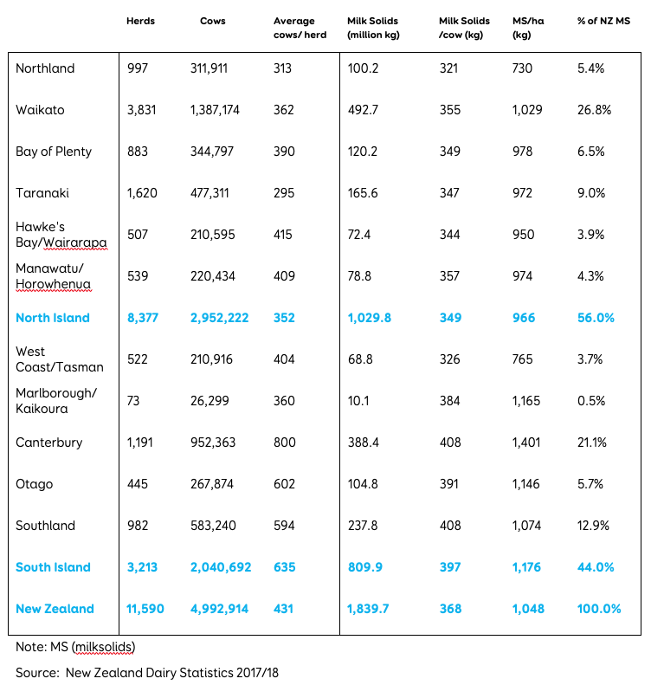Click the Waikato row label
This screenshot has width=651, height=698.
pos(40,110)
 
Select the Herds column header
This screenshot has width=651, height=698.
pos(139,21)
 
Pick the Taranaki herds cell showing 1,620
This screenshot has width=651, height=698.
pos(142,193)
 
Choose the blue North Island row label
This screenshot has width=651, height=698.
pos(52,318)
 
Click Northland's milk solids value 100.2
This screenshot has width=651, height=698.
pos(362,68)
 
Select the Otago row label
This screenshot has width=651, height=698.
pos(35,484)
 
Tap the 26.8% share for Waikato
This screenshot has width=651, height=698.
pos(594,110)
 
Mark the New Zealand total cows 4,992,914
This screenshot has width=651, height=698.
pos(220,609)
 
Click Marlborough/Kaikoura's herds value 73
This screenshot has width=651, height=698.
pos(133,401)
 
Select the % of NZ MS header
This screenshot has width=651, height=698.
pos(604,21)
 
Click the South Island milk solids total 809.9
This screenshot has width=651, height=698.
pos(364,567)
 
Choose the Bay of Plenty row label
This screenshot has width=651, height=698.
pos(54,152)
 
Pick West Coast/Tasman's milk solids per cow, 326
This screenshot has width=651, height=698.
pos(449,359)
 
